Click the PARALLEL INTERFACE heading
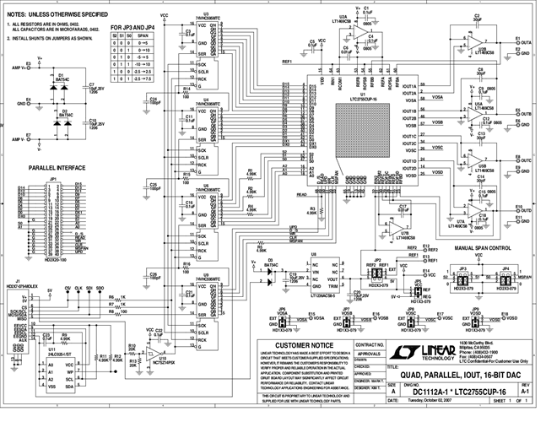[57, 168]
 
